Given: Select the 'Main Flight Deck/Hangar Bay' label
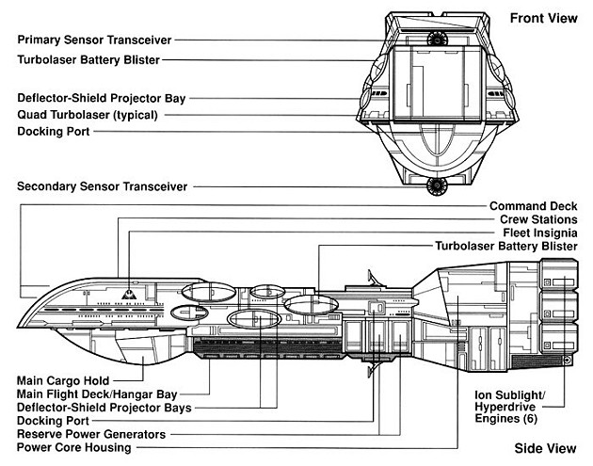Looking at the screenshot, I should click(100, 394).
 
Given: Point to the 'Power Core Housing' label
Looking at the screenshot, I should click(74, 447).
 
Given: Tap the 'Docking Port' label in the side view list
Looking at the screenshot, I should click(53, 421).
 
